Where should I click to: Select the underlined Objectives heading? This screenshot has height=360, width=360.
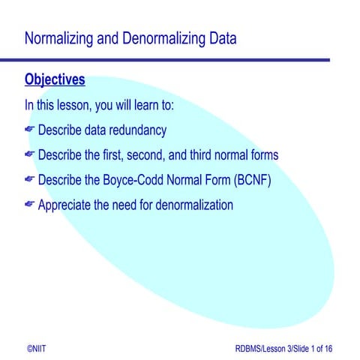pyautogui.click(x=55, y=79)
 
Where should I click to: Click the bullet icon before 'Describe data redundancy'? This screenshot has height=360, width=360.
pyautogui.click(x=30, y=130)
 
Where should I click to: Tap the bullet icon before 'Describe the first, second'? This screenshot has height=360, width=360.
pyautogui.click(x=30, y=155)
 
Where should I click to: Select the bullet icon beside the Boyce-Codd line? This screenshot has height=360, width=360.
pyautogui.click(x=30, y=180)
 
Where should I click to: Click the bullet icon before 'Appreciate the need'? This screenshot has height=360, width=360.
pyautogui.click(x=30, y=204)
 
